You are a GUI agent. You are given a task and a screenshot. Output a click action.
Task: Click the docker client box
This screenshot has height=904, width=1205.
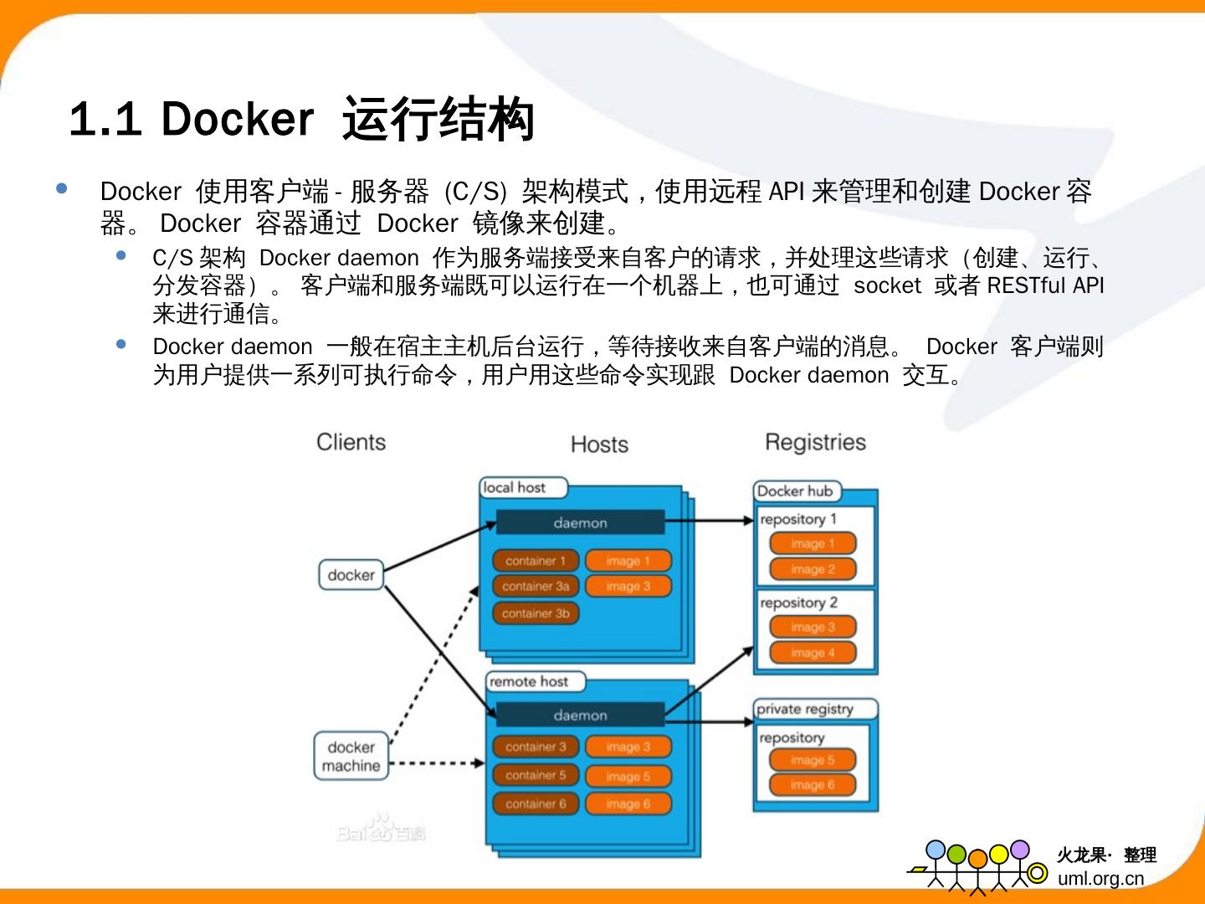tap(351, 575)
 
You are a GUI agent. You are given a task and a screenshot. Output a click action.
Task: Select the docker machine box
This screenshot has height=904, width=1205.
tap(351, 756)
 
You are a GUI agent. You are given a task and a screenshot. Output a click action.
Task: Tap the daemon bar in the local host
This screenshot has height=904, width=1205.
tap(580, 522)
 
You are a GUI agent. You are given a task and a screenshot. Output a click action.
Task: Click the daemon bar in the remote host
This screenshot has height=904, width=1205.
tap(580, 715)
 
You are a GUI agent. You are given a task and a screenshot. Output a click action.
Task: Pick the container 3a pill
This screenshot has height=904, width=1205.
tap(536, 586)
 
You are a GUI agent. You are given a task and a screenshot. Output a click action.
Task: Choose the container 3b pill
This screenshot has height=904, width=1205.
tap(536, 613)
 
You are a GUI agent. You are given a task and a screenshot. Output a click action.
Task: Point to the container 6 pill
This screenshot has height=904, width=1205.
tap(536, 804)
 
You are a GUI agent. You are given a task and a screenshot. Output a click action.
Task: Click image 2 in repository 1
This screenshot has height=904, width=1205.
tap(813, 569)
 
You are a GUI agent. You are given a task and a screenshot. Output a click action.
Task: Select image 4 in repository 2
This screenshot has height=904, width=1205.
tap(813, 653)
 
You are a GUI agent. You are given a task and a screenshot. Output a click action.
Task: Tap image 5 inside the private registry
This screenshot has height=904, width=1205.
tap(813, 760)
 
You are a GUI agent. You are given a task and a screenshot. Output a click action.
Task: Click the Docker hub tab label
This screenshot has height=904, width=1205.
tap(795, 491)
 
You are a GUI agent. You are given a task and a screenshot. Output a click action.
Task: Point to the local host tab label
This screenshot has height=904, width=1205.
tap(515, 487)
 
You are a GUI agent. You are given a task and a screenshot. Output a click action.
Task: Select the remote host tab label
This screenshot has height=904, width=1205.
tap(529, 681)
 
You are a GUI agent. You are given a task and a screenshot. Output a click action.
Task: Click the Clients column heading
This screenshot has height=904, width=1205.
tap(351, 442)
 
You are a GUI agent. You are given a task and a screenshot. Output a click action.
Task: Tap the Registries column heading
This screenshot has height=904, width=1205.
tap(815, 442)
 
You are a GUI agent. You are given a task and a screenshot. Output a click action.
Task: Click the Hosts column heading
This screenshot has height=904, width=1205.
tap(599, 444)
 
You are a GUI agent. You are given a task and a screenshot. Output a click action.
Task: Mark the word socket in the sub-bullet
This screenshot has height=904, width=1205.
tap(887, 285)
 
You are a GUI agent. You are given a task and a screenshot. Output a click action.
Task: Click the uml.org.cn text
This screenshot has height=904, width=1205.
tap(1100, 878)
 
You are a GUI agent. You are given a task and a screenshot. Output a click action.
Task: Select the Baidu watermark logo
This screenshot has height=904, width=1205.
tap(381, 829)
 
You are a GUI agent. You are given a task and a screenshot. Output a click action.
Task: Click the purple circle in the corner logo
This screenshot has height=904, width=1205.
tap(1020, 850)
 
